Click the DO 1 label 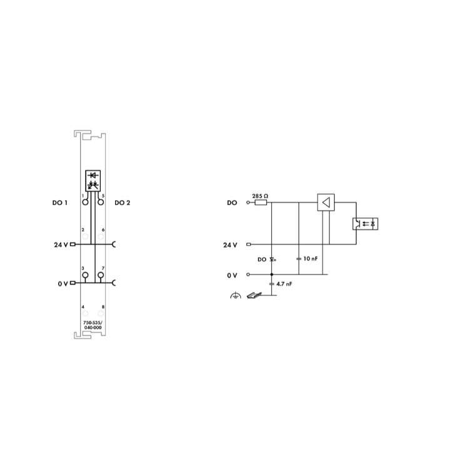(60, 203)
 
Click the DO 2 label (123, 203)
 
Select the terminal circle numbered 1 (85, 202)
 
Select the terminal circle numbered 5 (101, 202)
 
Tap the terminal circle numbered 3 (85, 275)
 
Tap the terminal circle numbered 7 (101, 275)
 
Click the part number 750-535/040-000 (93, 325)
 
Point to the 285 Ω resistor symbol (261, 203)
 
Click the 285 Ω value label (260, 196)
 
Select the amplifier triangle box (326, 203)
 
